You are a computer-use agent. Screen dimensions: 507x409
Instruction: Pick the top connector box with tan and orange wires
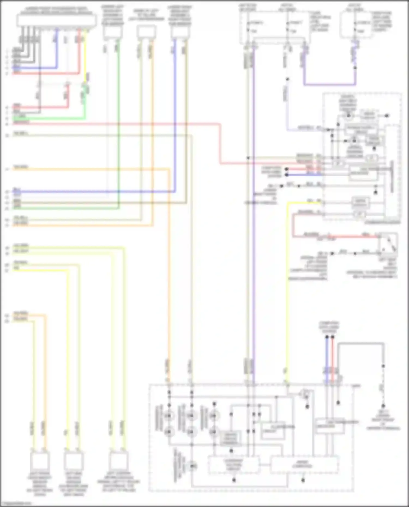pyautogui.click(x=146, y=32)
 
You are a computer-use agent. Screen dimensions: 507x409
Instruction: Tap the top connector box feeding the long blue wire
pyautogui.click(x=180, y=32)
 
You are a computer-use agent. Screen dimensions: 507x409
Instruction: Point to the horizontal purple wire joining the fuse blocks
pyautogui.click(x=329, y=84)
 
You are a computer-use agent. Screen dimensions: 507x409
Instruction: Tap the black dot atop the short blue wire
pyautogui.click(x=327, y=337)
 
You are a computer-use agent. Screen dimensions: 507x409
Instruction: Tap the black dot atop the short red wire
pyautogui.click(x=332, y=337)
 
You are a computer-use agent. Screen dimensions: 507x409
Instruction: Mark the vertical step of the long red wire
pyautogui.click(x=220, y=144)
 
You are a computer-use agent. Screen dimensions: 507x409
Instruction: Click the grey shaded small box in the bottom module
pyautogui.click(x=231, y=438)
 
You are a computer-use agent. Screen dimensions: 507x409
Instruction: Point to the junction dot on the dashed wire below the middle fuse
pyautogui.click(x=287, y=80)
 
